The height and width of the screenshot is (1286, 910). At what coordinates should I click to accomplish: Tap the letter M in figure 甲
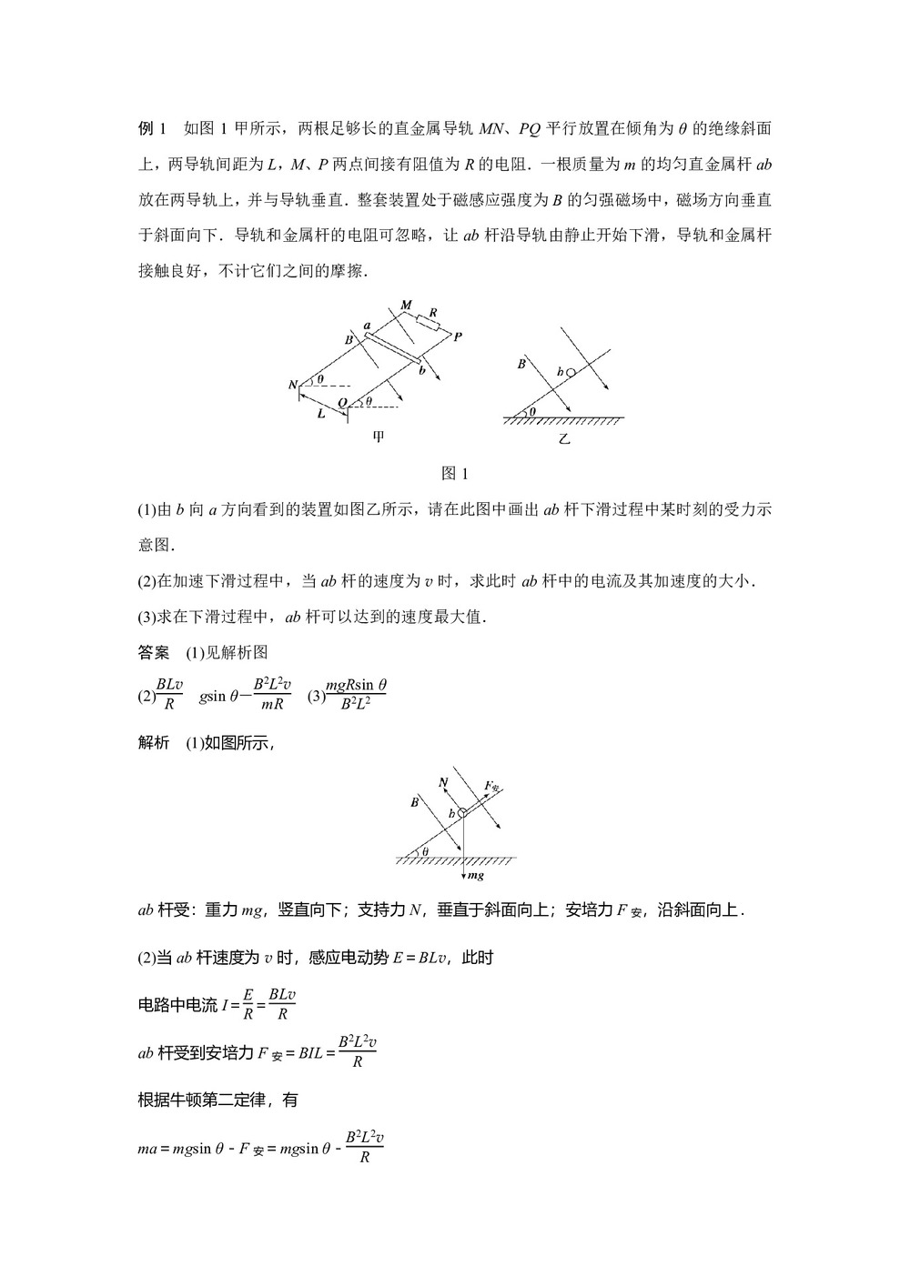pyautogui.click(x=406, y=305)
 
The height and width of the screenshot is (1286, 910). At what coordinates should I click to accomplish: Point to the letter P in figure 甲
pyautogui.click(x=458, y=337)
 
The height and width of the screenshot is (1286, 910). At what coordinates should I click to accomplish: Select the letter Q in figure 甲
pyautogui.click(x=342, y=403)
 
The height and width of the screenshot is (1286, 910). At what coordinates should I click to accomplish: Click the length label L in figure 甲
pyautogui.click(x=321, y=413)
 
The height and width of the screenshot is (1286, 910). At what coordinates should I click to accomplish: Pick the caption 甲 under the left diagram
pyautogui.click(x=379, y=437)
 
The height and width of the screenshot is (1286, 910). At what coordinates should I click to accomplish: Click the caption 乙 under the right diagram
pyautogui.click(x=564, y=437)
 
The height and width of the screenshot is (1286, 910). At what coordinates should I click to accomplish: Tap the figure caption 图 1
pyautogui.click(x=453, y=473)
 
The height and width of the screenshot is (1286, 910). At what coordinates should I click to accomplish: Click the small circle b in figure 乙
pyautogui.click(x=571, y=372)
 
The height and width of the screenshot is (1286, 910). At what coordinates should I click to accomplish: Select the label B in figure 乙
pyautogui.click(x=521, y=364)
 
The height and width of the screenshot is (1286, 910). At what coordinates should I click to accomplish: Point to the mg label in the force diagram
pyautogui.click(x=474, y=875)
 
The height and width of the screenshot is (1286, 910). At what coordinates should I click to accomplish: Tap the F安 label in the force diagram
pyautogui.click(x=492, y=786)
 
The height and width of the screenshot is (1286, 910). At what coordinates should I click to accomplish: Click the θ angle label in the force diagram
pyautogui.click(x=424, y=851)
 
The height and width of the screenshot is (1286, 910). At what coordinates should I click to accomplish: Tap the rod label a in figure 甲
pyautogui.click(x=367, y=325)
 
